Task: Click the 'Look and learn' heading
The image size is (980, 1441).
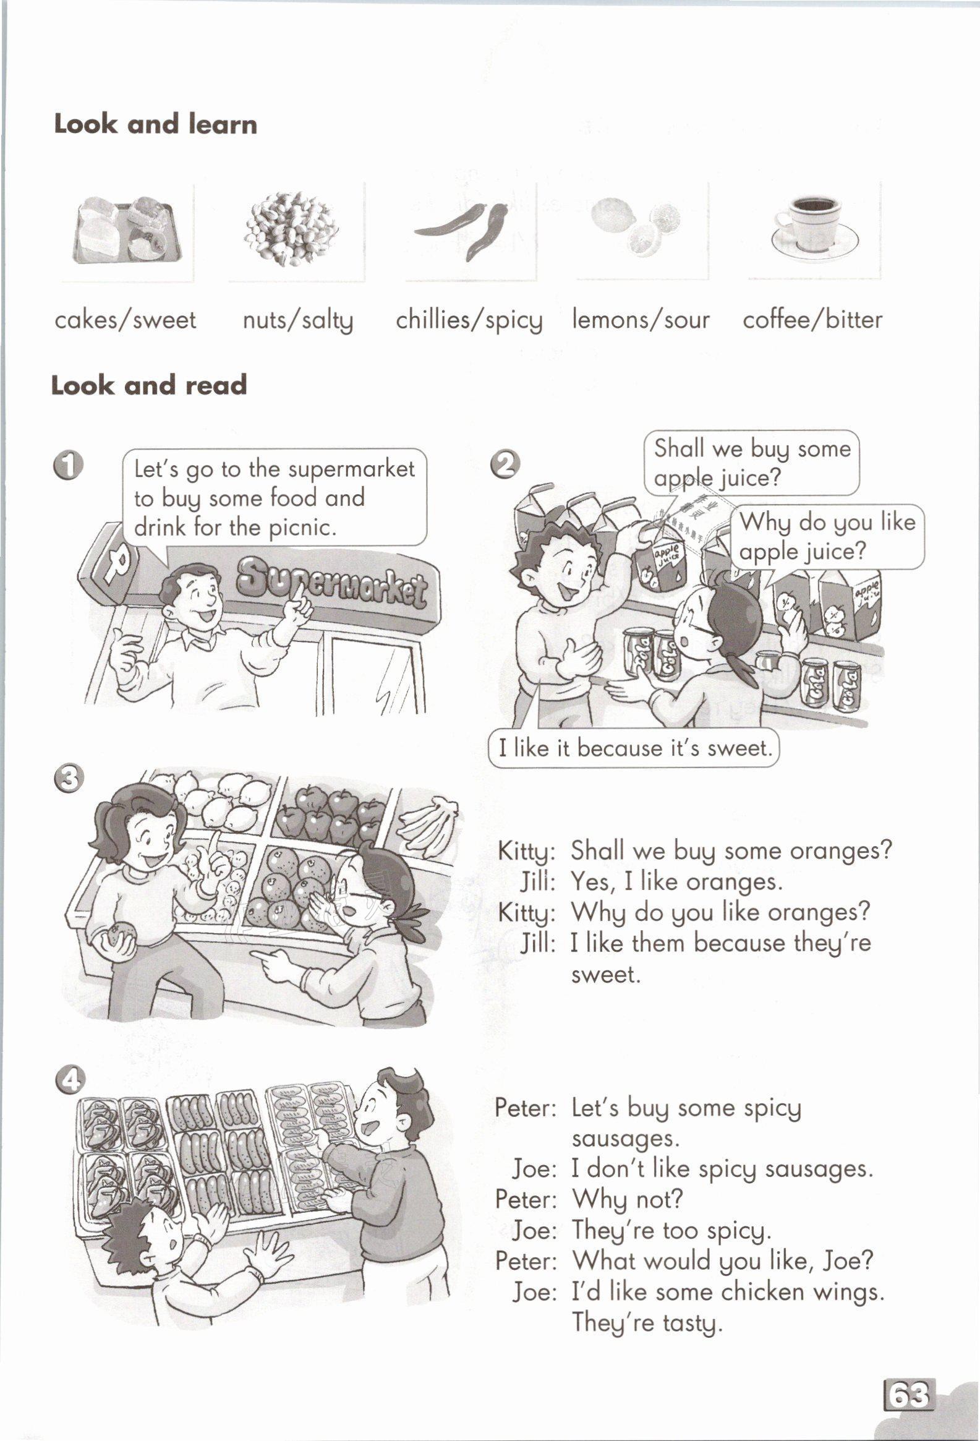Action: pos(155,124)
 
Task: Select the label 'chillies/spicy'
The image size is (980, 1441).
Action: pos(469,320)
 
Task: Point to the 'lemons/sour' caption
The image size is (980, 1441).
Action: pos(641,320)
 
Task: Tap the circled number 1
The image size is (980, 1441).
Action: pos(68,466)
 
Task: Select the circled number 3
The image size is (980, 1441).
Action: pos(68,779)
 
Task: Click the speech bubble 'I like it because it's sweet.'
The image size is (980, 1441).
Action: pos(634,748)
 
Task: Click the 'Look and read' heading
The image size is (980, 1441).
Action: pos(149,385)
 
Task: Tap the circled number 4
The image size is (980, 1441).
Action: pos(70,1081)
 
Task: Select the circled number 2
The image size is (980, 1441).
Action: pos(505,464)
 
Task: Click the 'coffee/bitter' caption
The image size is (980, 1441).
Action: pos(812,320)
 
